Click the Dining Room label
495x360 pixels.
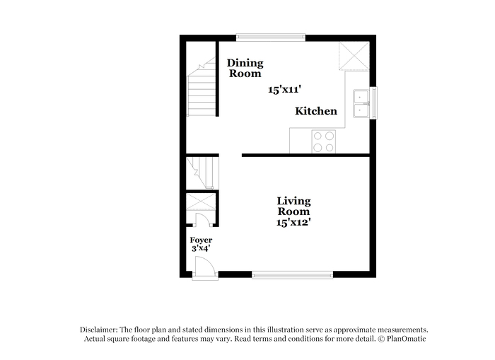[x=245, y=68]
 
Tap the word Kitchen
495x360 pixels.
[x=316, y=111]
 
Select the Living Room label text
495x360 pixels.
[x=293, y=207]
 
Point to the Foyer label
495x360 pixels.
[x=201, y=240]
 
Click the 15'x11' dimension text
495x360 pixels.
[x=284, y=90]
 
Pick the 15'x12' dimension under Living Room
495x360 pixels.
[x=293, y=222]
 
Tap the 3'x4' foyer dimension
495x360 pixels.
[x=201, y=248]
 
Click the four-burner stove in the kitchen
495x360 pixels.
[x=324, y=141]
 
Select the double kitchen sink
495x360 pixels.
[x=361, y=103]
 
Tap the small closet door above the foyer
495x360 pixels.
[x=203, y=219]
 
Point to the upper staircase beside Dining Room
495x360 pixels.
[x=202, y=87]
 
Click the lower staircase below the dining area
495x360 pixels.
[x=202, y=173]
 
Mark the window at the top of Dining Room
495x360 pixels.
[x=271, y=37]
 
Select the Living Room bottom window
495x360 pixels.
[x=292, y=275]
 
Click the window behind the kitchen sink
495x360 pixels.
[x=373, y=103]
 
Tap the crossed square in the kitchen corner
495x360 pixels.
[x=354, y=56]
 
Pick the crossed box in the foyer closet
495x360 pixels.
[x=201, y=202]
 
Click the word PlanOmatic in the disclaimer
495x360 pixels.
[x=407, y=339]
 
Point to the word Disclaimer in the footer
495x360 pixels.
[x=99, y=330]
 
